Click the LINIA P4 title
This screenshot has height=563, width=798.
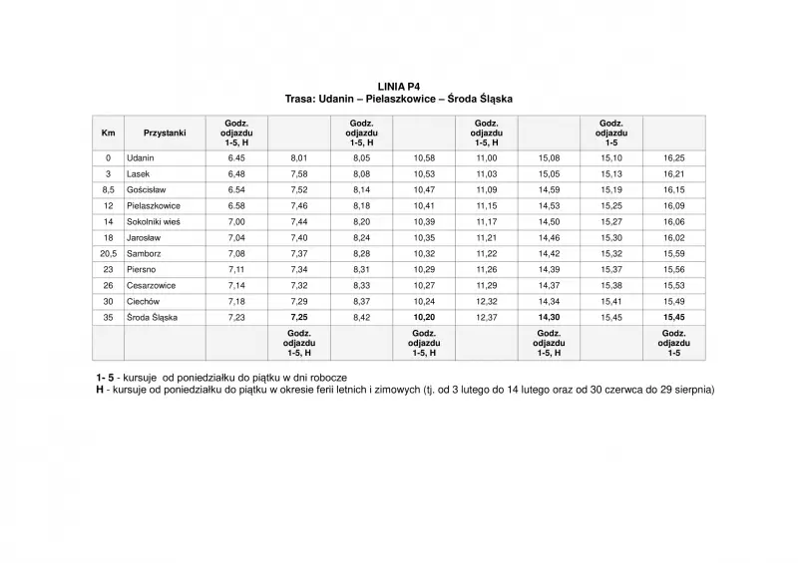(x=398, y=88)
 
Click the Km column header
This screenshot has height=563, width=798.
(x=108, y=133)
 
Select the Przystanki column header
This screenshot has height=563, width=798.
(x=165, y=133)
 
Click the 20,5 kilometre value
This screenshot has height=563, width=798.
(x=108, y=253)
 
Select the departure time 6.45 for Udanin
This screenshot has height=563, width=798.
(x=236, y=157)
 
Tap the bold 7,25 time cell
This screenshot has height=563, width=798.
(x=299, y=317)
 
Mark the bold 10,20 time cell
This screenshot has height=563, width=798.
(x=424, y=317)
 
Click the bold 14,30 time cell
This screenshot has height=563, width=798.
(x=549, y=317)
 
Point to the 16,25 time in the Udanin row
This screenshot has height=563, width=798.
(x=673, y=157)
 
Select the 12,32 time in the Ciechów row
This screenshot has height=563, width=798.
(x=486, y=301)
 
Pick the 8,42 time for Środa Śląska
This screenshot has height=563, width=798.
(x=361, y=317)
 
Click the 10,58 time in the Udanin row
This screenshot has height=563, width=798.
(x=424, y=157)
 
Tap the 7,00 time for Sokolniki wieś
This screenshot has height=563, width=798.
(x=236, y=221)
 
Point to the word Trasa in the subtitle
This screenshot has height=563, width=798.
(x=301, y=100)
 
